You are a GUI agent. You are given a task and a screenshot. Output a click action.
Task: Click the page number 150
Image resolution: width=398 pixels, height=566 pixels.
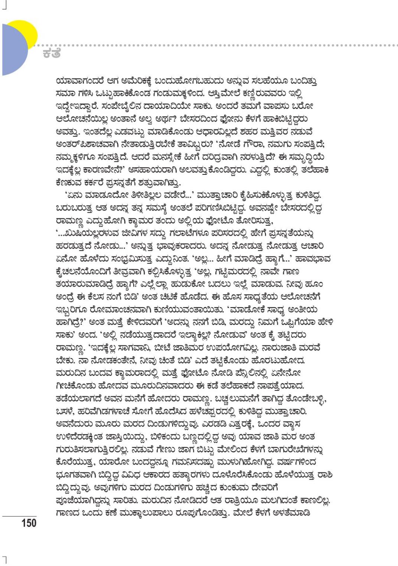[29, 523]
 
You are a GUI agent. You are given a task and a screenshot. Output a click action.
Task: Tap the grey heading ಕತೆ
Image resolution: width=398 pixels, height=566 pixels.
[51, 53]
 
